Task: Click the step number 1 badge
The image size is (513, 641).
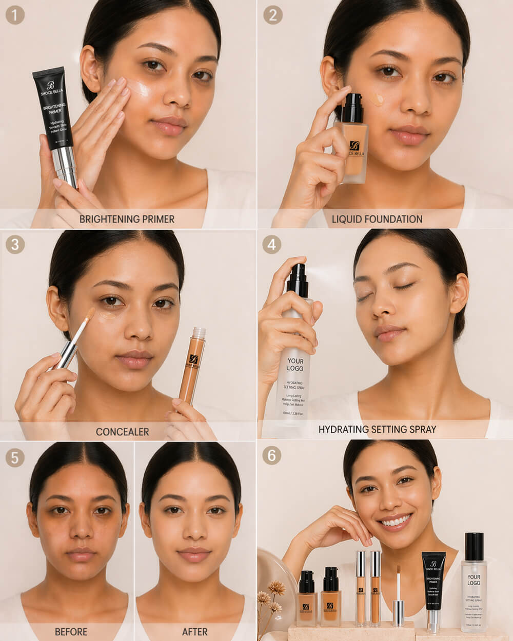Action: pyautogui.click(x=15, y=15)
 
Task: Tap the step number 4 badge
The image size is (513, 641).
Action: pyautogui.click(x=271, y=244)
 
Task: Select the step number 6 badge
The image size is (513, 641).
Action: pyautogui.click(x=271, y=455)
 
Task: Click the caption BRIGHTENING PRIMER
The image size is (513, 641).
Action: pyautogui.click(x=127, y=219)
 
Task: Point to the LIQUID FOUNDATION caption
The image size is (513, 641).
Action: pyautogui.click(x=377, y=219)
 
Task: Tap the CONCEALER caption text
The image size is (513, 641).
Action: pyautogui.click(x=122, y=432)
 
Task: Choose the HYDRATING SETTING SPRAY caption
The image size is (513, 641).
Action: pyautogui.click(x=377, y=429)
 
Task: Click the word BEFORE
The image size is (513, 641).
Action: pyautogui.click(x=71, y=632)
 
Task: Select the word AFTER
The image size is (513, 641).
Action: pyautogui.click(x=195, y=632)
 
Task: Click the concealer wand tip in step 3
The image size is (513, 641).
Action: pyautogui.click(x=90, y=313)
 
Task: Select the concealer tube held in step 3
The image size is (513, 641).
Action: pyautogui.click(x=192, y=364)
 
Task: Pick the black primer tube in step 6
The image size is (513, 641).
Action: pyautogui.click(x=433, y=582)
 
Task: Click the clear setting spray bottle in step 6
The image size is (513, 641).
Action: pyautogui.click(x=473, y=585)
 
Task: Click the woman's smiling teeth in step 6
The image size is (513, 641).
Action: pyautogui.click(x=395, y=522)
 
